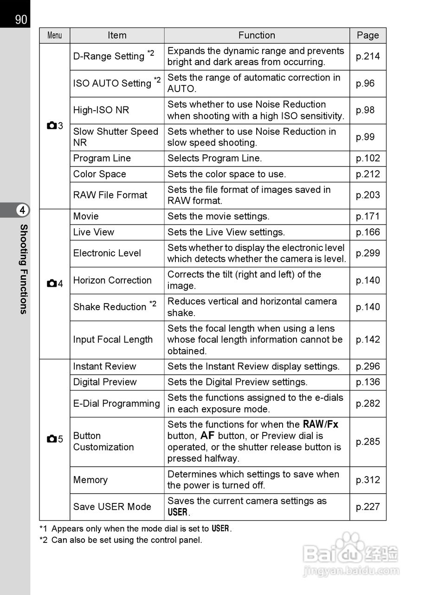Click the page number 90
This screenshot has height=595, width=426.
pos(21,20)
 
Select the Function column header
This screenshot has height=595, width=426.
pos(257,35)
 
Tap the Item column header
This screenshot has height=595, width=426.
pos(117,35)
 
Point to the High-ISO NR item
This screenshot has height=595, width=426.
pos(101,110)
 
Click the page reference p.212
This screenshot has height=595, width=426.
pos(368,174)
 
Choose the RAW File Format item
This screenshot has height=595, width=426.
pos(110,195)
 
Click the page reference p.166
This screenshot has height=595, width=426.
pos(368,232)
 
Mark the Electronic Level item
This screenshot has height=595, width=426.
pos(107,253)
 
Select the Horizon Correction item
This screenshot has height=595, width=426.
pos(112,280)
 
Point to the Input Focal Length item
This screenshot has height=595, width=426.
pos(113,340)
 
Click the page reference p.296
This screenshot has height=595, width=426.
pos(368,366)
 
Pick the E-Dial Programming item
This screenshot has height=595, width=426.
pos(116,403)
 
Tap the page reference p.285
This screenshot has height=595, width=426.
pos(368,442)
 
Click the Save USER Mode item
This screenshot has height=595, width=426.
pos(112,507)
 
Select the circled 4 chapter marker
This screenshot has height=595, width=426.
pos(22,210)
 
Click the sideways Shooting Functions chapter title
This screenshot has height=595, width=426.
pos(23,269)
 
